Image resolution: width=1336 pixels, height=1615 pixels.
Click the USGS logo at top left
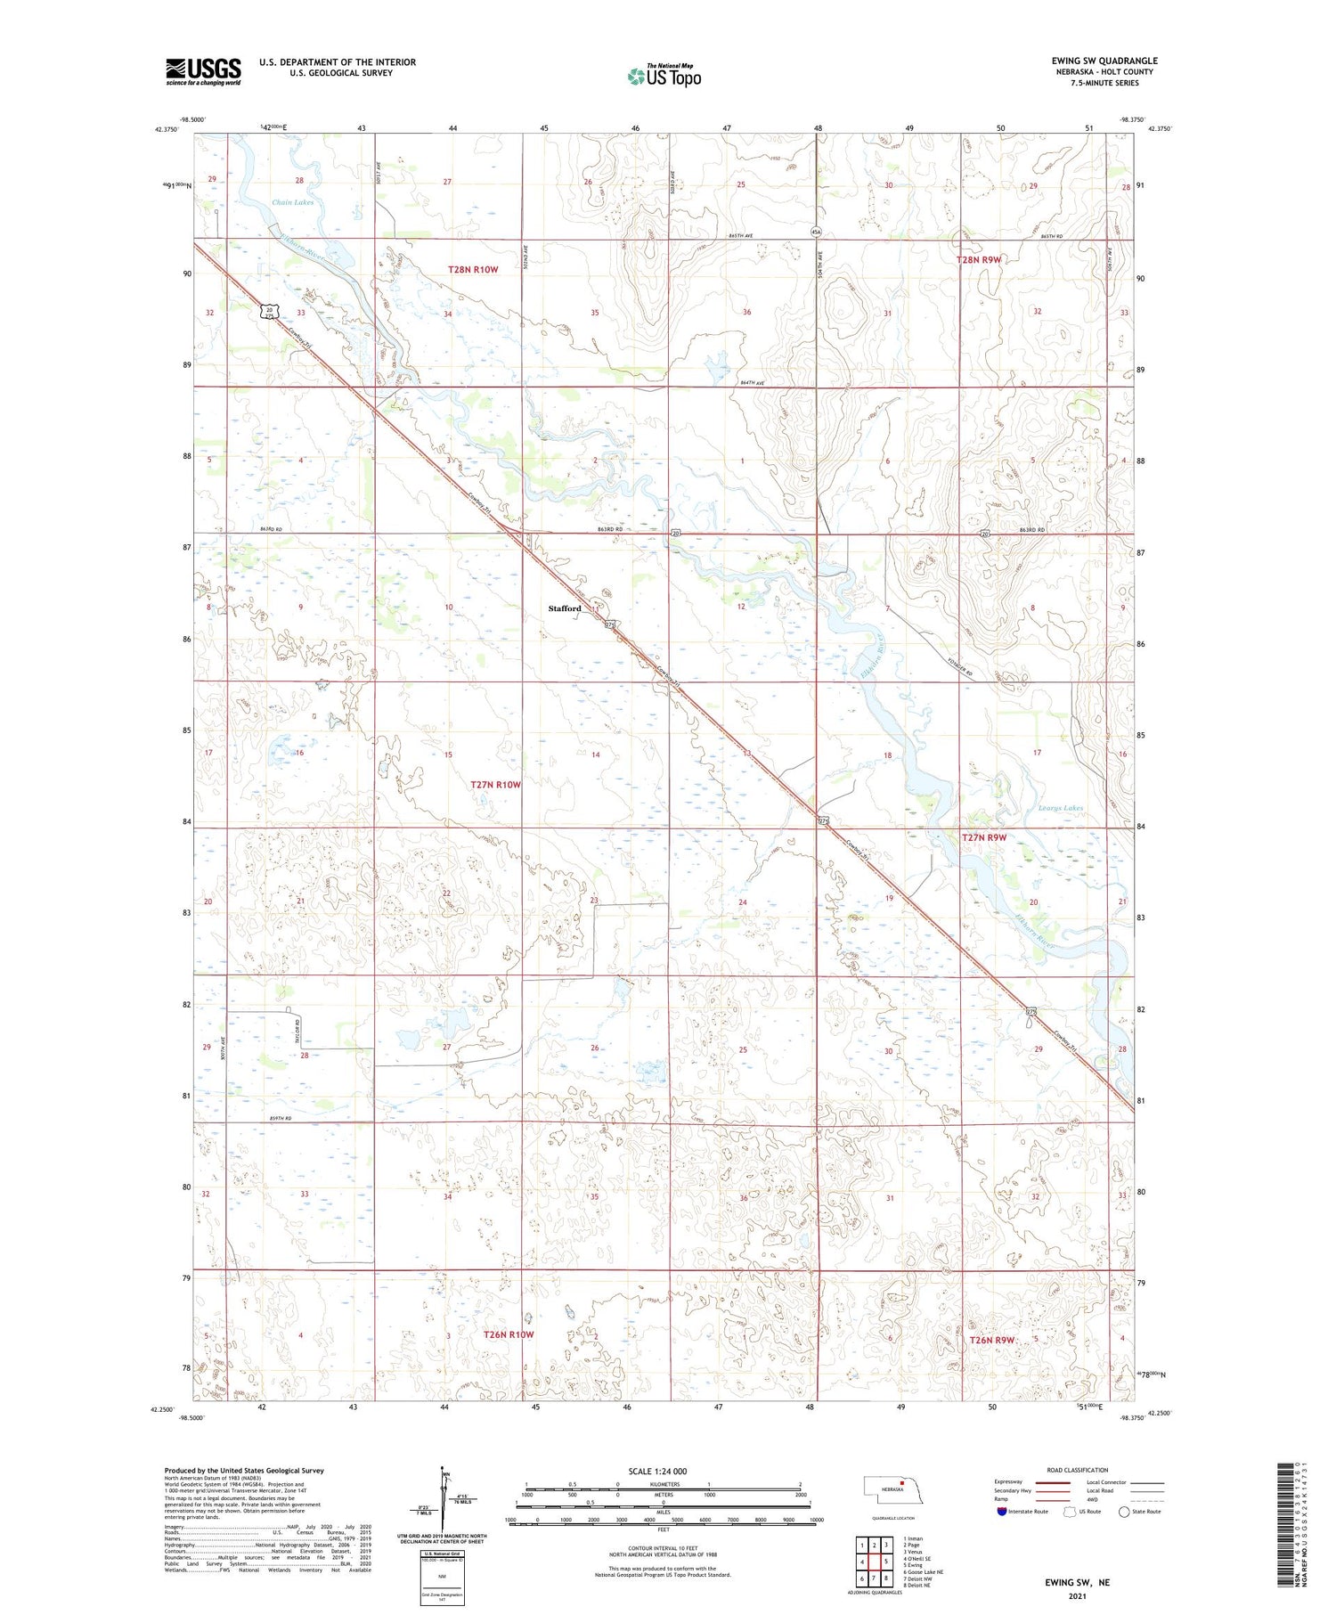pos(203,71)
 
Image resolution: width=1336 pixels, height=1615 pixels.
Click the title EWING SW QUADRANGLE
pos(1104,61)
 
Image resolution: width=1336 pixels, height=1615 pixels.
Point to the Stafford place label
pos(565,608)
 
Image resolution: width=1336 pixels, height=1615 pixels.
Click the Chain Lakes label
pos(292,202)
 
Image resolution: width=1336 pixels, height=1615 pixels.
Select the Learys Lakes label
pos(1060,808)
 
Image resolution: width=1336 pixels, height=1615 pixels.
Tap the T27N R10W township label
pos(495,785)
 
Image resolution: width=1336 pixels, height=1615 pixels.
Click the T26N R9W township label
pos(992,1340)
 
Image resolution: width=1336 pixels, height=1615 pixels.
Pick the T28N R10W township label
pos(473,269)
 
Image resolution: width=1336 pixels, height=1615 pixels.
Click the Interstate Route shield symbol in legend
pos(1001,1512)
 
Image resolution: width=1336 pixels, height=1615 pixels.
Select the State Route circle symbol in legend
pos(1124,1512)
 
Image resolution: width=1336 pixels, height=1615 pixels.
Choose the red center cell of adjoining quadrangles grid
pos(886,1561)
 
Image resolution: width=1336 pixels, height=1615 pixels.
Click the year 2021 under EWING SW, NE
pos(1078,1596)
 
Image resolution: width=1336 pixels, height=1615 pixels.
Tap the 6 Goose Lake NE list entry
pos(923,1572)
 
